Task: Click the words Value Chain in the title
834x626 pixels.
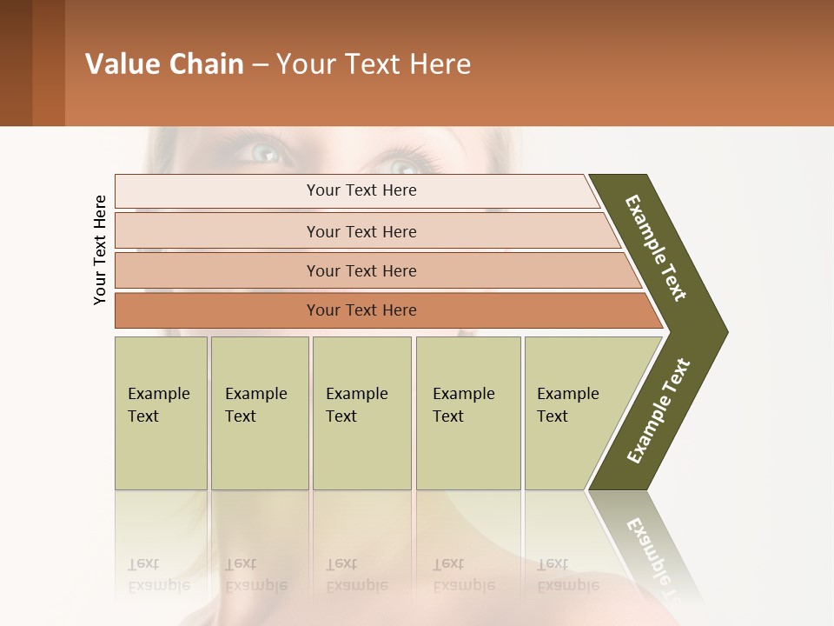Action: point(164,64)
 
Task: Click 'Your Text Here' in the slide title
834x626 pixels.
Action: point(374,64)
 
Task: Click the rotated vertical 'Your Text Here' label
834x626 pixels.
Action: point(100,250)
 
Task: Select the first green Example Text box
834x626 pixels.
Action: point(161,413)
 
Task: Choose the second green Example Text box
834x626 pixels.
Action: point(259,413)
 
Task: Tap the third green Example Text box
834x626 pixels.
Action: point(361,413)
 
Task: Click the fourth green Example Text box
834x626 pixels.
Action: point(467,413)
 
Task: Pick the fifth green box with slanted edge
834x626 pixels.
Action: point(573,413)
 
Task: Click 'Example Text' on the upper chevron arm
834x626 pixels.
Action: point(656,248)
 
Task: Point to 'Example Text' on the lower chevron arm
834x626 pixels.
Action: point(659,411)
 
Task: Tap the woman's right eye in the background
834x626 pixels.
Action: point(401,165)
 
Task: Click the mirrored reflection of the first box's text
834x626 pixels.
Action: point(158,576)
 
